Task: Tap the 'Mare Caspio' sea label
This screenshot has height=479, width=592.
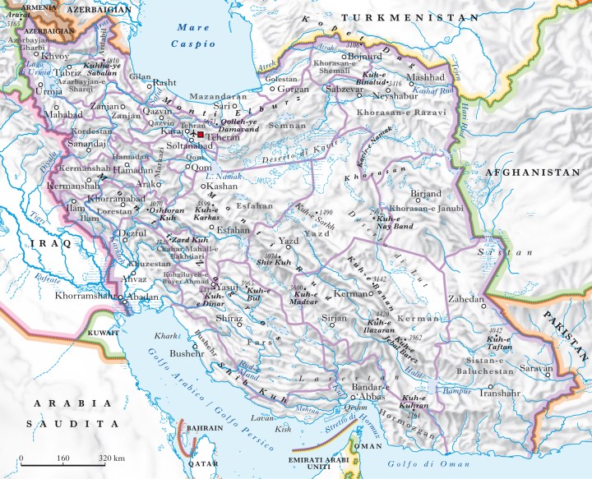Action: pos(194,35)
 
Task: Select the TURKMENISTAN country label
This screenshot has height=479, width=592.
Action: pos(410,17)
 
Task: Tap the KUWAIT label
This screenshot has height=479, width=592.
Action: pos(102,333)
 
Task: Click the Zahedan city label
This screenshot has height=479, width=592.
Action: pos(466,300)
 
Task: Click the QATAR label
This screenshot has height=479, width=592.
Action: pos(197,463)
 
